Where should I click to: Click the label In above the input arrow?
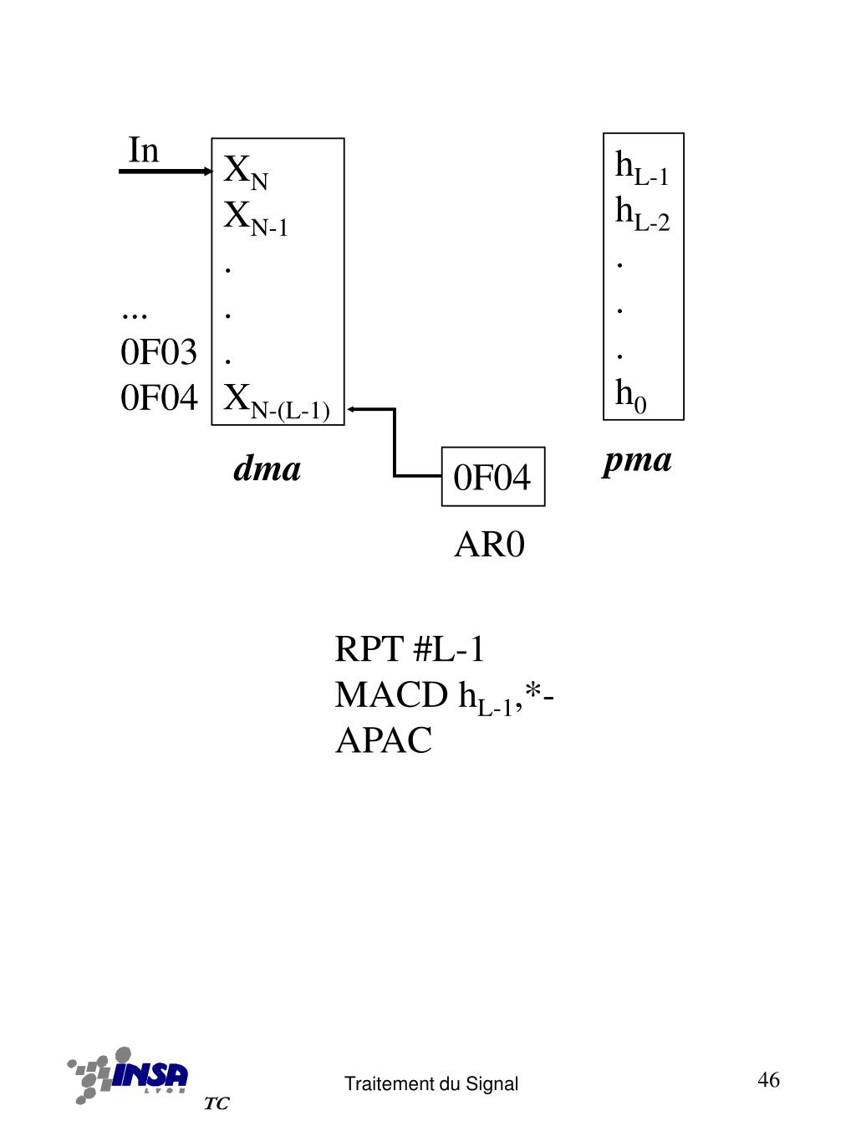coord(143,151)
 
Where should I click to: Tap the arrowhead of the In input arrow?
coord(209,172)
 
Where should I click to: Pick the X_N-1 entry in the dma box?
coord(255,218)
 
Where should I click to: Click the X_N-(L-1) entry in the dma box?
coord(276,401)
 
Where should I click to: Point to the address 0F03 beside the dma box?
coord(159,352)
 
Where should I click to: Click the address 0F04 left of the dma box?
coord(159,398)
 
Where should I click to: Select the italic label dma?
coord(267,469)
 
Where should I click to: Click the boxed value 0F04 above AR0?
coord(492,478)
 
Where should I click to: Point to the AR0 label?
coord(489,545)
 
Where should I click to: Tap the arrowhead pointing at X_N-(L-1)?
coord(352,408)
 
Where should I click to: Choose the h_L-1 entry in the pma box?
coord(641,167)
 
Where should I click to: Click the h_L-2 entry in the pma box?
coord(642,213)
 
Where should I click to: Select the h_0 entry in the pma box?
coord(630,394)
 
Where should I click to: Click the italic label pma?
coord(637,460)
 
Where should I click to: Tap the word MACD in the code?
coord(390,695)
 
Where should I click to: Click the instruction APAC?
coord(384,740)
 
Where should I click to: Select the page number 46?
coord(768,1080)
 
